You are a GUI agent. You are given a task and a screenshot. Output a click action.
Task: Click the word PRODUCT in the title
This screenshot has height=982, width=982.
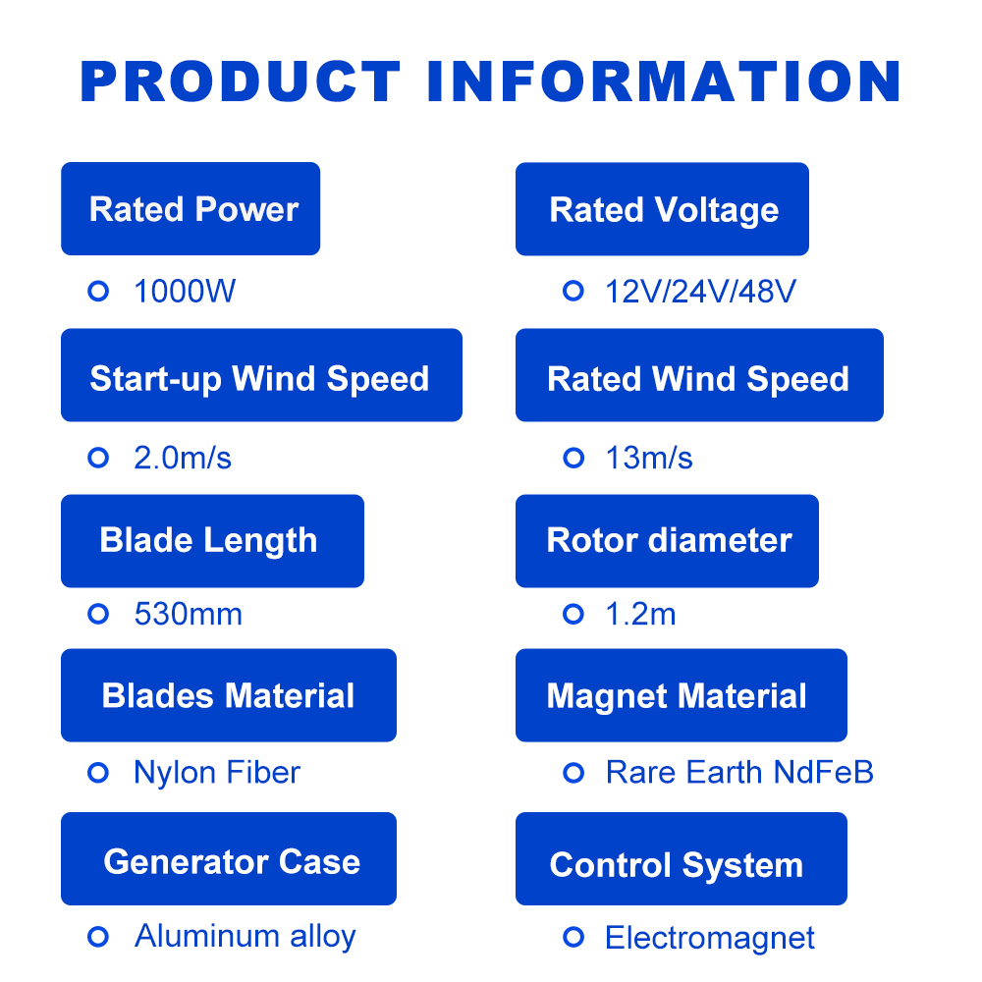tap(241, 82)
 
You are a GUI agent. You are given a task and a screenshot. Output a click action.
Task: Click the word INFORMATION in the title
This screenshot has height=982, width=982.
tap(664, 82)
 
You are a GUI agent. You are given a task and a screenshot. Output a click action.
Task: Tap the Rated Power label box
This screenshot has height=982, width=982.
tap(191, 209)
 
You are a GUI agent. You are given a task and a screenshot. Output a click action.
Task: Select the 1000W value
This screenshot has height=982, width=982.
tap(185, 292)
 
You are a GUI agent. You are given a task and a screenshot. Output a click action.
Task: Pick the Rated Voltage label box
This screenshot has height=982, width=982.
tap(662, 209)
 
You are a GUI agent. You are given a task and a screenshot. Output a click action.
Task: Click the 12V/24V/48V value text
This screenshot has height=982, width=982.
tap(701, 292)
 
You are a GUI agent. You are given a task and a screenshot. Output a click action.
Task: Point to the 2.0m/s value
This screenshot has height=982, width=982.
tap(183, 458)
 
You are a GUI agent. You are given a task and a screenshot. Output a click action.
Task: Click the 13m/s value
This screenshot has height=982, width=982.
tap(649, 458)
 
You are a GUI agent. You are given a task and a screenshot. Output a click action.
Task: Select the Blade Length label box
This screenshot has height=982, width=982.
tap(212, 541)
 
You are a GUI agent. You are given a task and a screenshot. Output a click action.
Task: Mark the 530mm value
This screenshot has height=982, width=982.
tap(188, 615)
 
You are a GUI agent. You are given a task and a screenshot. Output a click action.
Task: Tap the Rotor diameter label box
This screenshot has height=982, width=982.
tap(667, 541)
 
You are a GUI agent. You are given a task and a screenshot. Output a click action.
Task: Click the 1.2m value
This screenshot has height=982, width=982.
tap(640, 615)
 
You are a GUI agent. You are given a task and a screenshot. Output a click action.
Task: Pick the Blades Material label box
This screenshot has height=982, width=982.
tap(229, 695)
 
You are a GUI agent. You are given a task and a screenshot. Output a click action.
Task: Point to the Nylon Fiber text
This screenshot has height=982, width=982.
tap(217, 773)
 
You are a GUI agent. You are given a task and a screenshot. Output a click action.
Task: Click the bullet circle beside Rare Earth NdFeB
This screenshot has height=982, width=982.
tap(573, 773)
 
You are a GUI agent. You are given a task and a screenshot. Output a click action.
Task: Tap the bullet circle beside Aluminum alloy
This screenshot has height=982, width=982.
tap(97, 937)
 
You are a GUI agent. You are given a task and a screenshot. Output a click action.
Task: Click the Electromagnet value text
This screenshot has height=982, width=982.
tap(710, 938)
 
